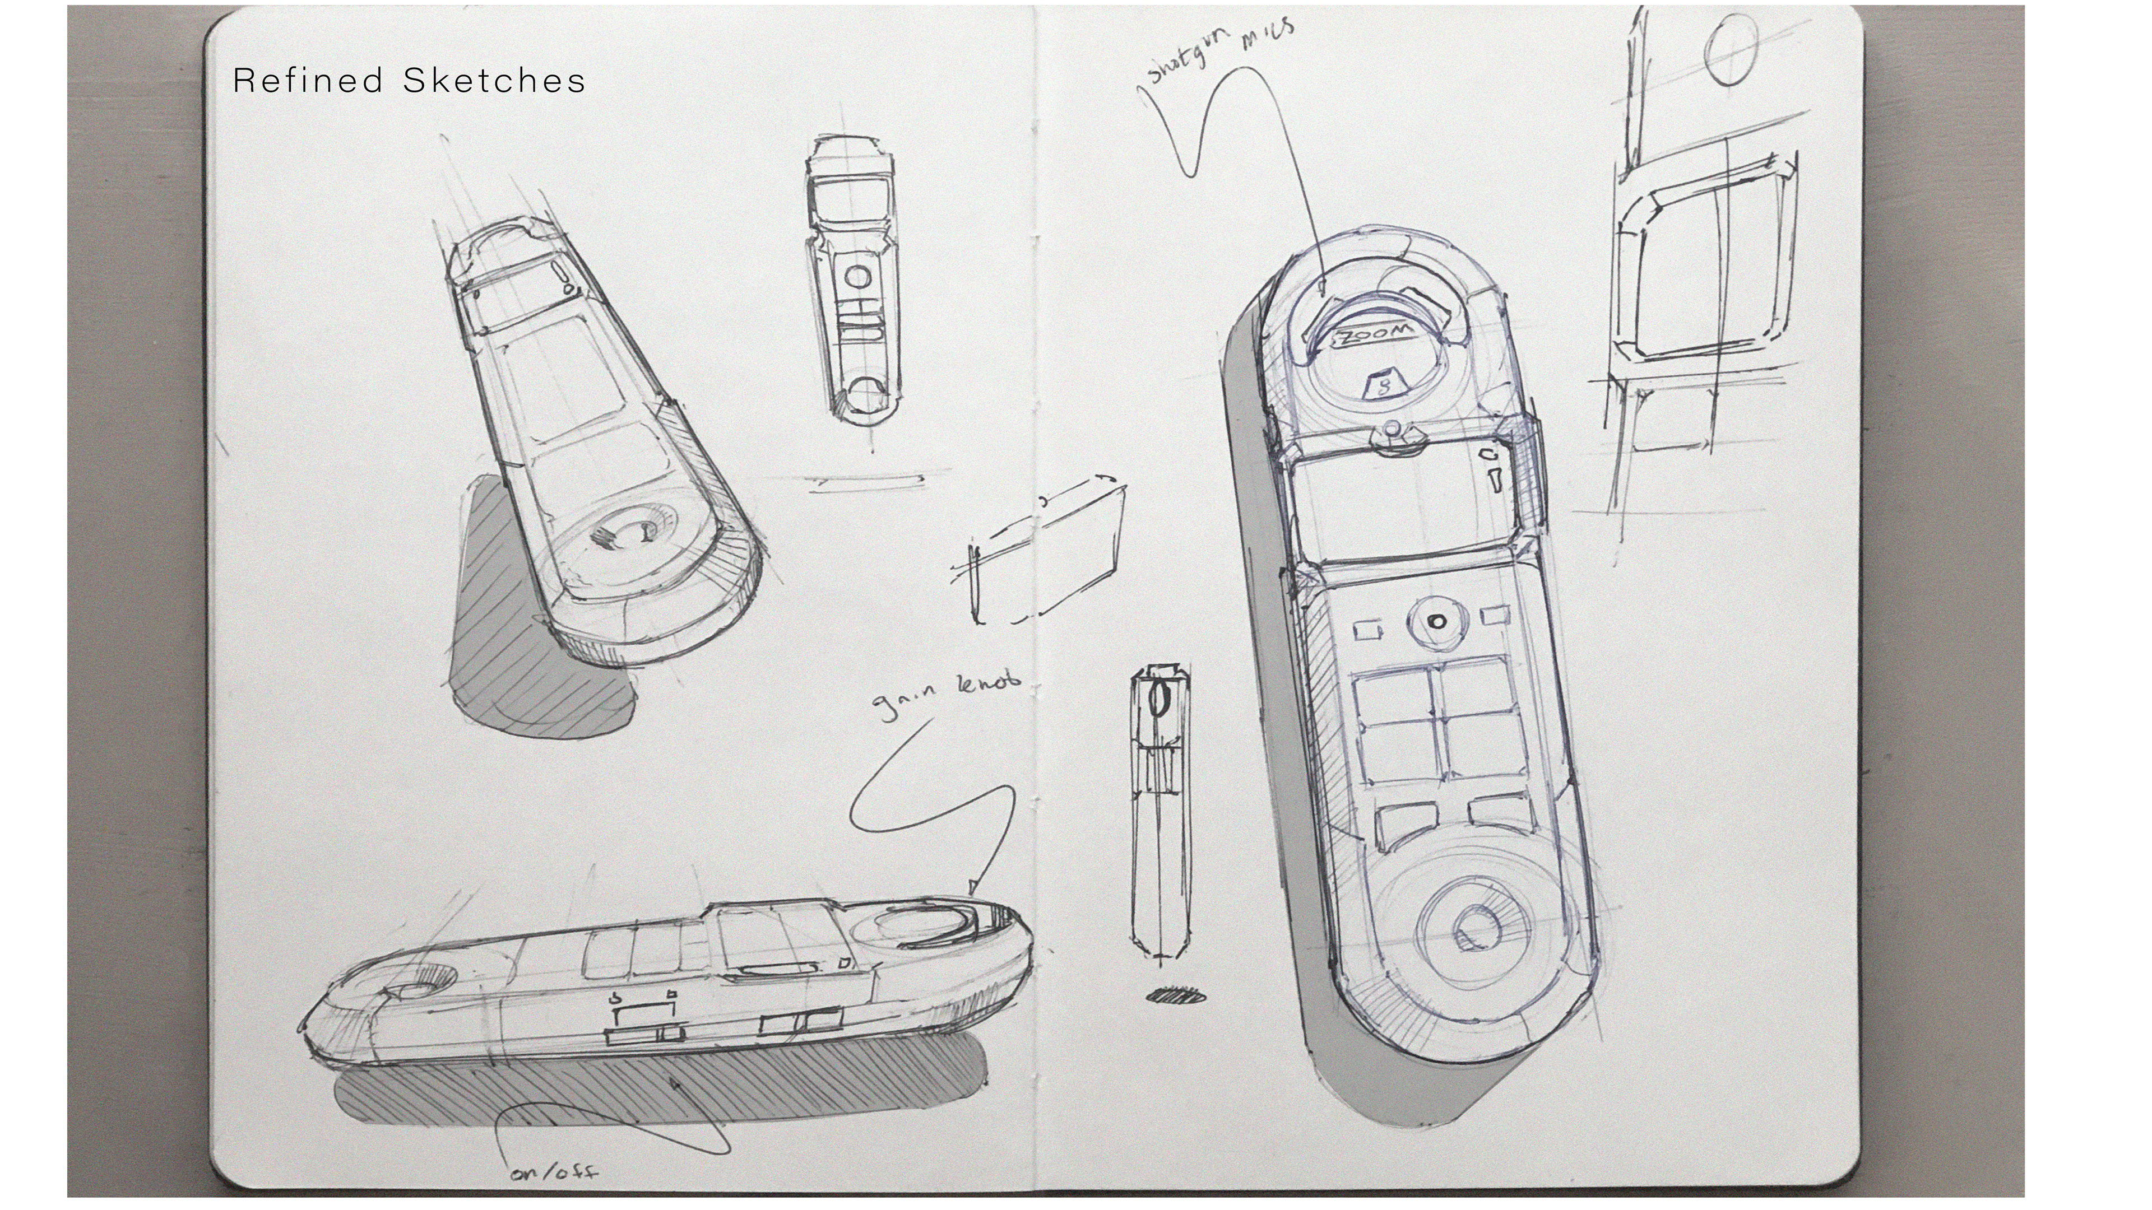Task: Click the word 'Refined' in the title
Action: pos(308,81)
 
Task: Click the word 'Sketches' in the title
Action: pos(494,81)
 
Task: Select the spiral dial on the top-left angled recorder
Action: pos(627,534)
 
